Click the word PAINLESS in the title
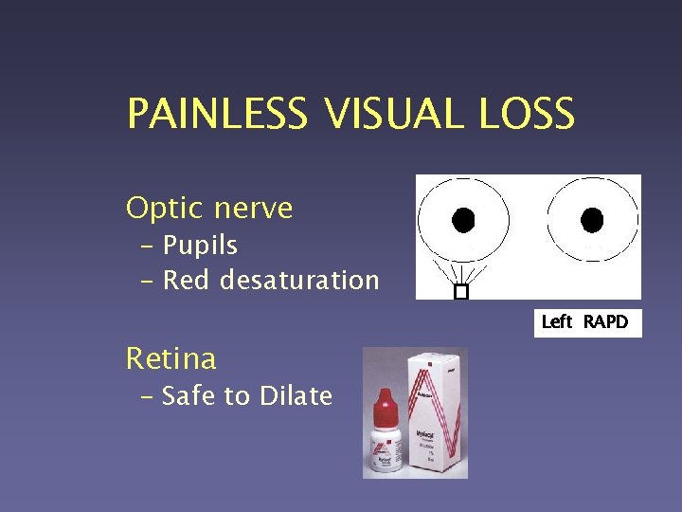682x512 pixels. click(x=217, y=115)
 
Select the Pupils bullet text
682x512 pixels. click(x=200, y=246)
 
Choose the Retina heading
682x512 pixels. click(x=171, y=358)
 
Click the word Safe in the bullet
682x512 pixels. click(x=189, y=395)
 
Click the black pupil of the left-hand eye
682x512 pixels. click(x=462, y=221)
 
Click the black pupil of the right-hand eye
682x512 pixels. click(x=592, y=221)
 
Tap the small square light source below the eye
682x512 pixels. click(x=461, y=292)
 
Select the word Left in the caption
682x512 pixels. click(x=556, y=322)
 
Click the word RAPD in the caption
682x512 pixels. click(x=605, y=322)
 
